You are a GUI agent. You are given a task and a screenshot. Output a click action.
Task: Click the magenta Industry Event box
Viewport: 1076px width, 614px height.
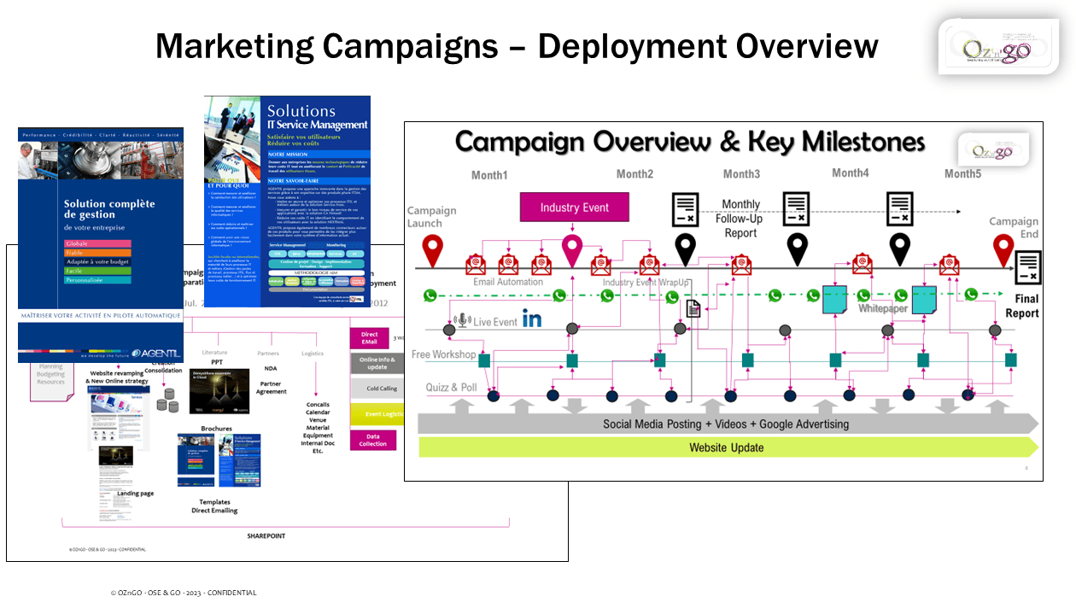574,208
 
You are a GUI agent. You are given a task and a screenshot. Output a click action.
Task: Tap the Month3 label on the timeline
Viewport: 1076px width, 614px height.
741,174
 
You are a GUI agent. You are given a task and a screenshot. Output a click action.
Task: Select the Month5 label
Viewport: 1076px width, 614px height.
962,173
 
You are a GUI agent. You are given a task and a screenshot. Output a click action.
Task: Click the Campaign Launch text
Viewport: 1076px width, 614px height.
431,217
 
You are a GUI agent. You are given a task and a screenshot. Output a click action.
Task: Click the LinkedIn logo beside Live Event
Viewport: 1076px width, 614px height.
532,319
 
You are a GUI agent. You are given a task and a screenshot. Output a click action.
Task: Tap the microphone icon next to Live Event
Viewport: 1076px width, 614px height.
463,320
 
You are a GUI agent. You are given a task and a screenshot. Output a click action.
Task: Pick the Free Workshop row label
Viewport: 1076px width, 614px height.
443,354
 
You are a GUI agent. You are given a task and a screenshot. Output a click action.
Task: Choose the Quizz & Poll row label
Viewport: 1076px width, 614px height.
452,388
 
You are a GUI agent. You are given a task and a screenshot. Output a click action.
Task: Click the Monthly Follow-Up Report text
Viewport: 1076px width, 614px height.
740,219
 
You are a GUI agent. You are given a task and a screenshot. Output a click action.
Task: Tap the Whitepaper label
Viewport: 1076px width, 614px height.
882,308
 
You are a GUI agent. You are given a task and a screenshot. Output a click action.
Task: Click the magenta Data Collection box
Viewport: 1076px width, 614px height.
373,440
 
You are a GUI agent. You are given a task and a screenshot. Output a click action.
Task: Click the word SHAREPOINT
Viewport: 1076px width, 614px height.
266,536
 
